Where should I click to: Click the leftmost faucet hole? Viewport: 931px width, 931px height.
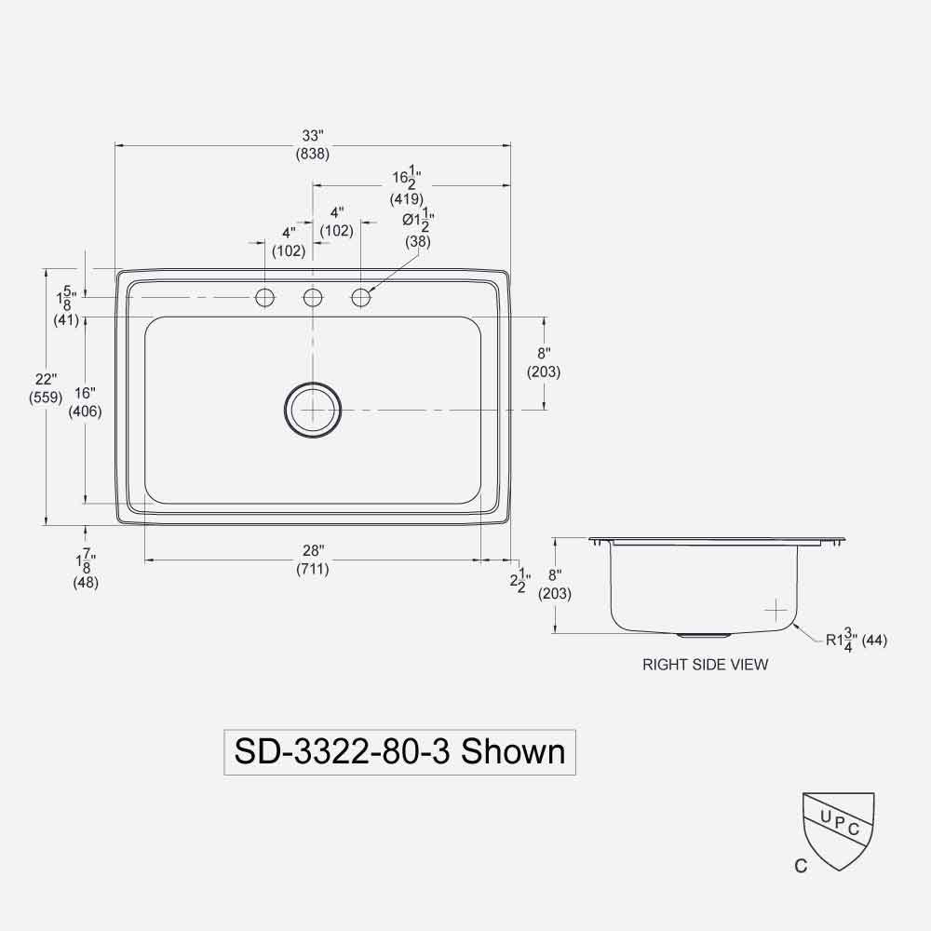(x=265, y=298)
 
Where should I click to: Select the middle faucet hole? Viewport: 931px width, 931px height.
(x=313, y=298)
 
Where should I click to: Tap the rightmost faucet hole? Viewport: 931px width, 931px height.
(x=361, y=298)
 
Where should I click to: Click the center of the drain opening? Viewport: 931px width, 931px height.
(x=313, y=410)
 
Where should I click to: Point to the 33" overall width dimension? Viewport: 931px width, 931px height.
(x=312, y=136)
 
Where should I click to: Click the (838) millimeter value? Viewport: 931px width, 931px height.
(x=312, y=155)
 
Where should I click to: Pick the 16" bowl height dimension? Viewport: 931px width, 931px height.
(x=85, y=394)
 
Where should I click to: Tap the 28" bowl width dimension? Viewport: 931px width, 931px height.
(x=312, y=551)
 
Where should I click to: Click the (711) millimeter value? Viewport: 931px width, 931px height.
(x=312, y=569)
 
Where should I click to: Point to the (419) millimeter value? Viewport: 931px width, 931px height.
(x=407, y=198)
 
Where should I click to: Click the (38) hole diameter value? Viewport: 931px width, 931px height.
(x=418, y=241)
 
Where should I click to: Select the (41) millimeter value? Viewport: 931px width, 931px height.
(x=66, y=320)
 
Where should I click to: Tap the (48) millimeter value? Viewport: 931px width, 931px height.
(x=86, y=583)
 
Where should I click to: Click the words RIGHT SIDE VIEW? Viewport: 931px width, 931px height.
(x=706, y=665)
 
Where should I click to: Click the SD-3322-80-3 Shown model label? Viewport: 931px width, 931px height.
(x=399, y=751)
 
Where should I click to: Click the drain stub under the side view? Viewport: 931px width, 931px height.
(x=704, y=635)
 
